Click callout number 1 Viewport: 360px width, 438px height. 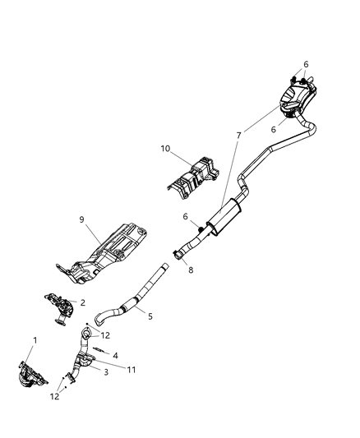click(35, 340)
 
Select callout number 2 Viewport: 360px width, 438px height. click(82, 302)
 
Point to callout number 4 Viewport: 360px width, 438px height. click(116, 356)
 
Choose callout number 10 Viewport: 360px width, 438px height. click(164, 150)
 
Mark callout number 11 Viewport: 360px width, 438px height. click(132, 370)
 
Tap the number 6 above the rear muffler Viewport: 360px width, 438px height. click(306, 64)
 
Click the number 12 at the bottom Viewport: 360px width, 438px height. click(53, 398)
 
